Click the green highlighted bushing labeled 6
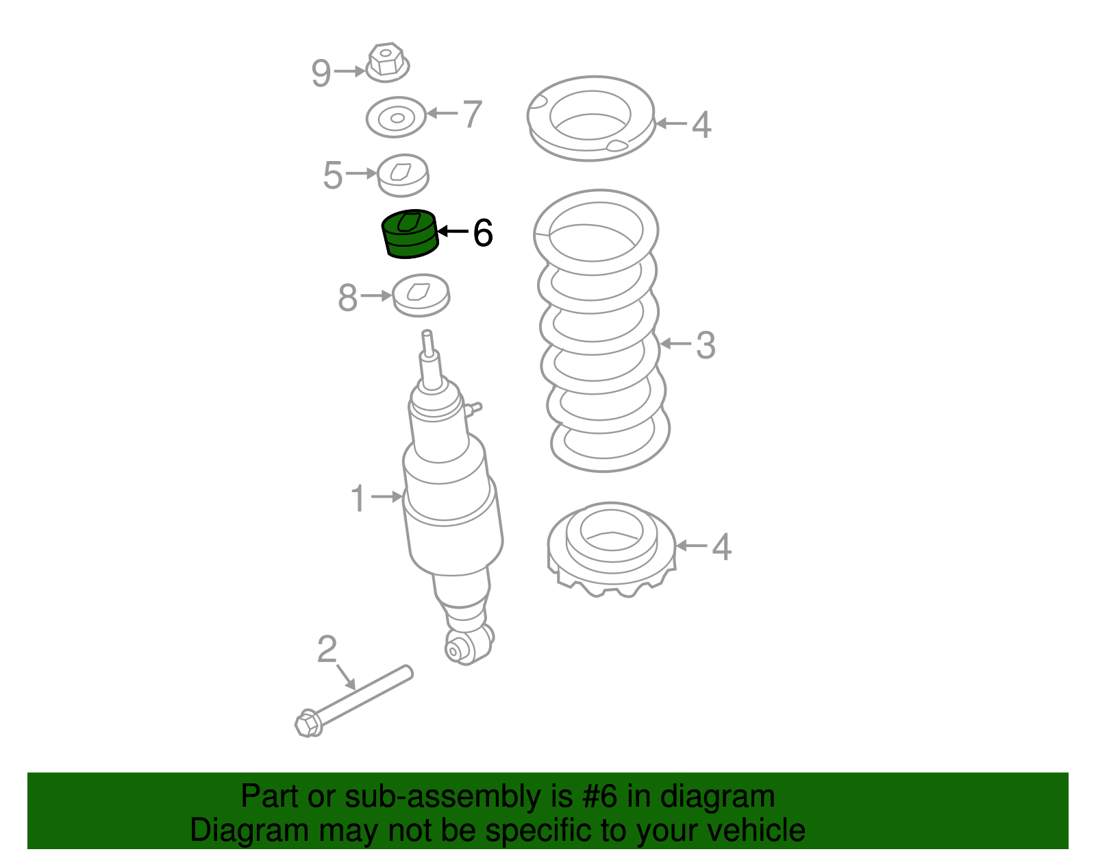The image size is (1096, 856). pos(410,234)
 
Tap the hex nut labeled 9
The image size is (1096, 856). pos(386,62)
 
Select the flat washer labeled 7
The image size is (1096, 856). pos(396,117)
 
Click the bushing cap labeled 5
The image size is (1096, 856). pos(403,175)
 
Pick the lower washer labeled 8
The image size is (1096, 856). pos(421,295)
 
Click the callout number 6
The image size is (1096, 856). pos(483,233)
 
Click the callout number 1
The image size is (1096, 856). pos(358,498)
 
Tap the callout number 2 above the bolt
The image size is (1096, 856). pos(327,649)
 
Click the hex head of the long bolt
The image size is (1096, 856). pos(308,724)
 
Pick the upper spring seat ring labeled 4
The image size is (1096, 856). pos(590,118)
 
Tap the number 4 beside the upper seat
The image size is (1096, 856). pos(701,125)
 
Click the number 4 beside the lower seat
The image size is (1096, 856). pos(722,547)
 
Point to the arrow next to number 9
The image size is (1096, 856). pos(349,71)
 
